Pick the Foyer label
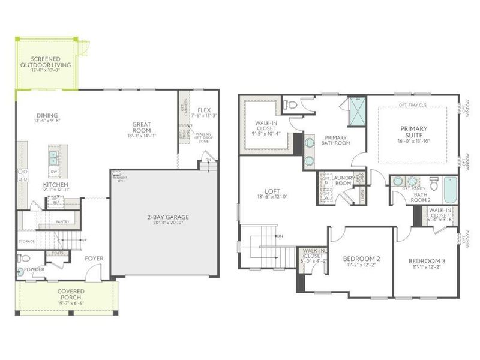point(94,259)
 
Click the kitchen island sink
point(53,157)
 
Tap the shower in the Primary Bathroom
point(358,113)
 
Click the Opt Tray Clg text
point(412,104)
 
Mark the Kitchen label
point(55,184)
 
